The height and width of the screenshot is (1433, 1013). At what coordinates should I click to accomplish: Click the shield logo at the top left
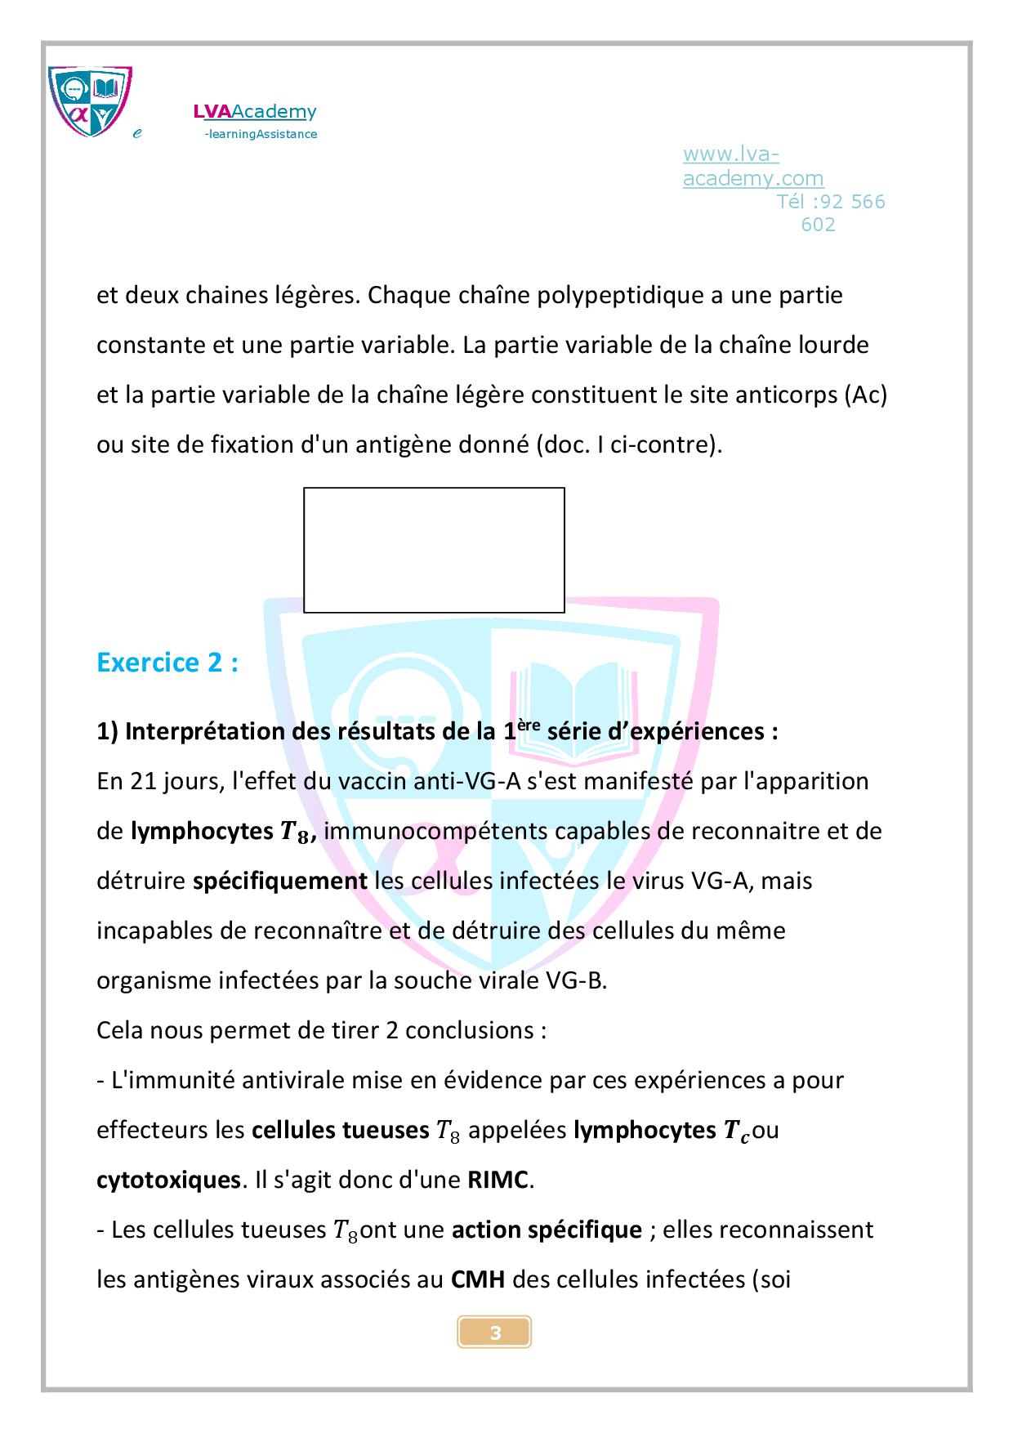(x=90, y=101)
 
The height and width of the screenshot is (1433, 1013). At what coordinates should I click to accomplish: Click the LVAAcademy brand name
(x=254, y=111)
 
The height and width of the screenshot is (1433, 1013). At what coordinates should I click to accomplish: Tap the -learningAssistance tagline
(x=260, y=134)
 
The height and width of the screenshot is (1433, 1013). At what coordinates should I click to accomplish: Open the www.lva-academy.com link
(x=752, y=166)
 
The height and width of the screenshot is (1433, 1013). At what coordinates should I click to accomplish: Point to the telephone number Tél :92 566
(x=830, y=202)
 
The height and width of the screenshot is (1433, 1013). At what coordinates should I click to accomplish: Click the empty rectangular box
(x=434, y=550)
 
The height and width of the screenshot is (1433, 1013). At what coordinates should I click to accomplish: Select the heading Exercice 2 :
(x=167, y=662)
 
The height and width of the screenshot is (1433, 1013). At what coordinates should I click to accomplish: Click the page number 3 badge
(x=494, y=1333)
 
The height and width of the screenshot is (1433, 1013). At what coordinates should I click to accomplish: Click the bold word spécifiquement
(x=279, y=881)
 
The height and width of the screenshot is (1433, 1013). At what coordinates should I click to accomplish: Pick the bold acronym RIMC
(x=498, y=1180)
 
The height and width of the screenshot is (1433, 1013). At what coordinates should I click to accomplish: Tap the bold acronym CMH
(x=478, y=1279)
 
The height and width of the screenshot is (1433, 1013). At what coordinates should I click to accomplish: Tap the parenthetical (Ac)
(x=865, y=395)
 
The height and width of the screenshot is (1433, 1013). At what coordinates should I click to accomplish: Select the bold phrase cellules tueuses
(x=340, y=1130)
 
